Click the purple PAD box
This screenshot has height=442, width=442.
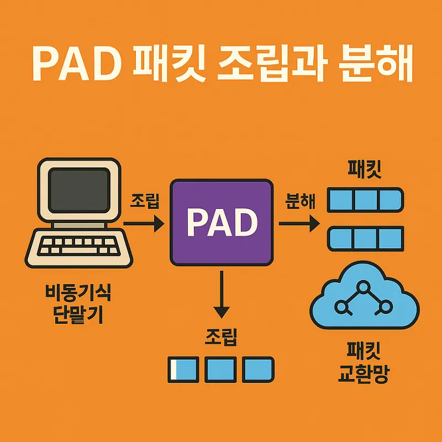[222, 223]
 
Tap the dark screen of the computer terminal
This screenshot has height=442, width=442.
[79, 190]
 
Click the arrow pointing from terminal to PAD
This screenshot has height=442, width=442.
[144, 224]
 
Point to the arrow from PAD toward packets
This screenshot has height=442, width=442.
[299, 224]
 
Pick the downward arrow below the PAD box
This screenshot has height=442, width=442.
[222, 294]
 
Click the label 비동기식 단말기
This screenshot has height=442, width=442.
[78, 303]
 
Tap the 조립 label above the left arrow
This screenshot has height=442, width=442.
[145, 201]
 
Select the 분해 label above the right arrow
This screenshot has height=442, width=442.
[301, 201]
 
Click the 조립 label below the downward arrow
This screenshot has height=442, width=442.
[221, 337]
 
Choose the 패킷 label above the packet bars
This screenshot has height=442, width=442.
[365, 170]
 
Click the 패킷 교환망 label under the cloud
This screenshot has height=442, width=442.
[364, 362]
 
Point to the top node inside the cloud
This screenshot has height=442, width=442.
[363, 287]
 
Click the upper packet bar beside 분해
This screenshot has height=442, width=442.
[365, 199]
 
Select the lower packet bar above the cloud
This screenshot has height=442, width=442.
[365, 239]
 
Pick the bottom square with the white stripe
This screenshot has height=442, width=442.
[183, 370]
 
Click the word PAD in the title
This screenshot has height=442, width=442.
[77, 64]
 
